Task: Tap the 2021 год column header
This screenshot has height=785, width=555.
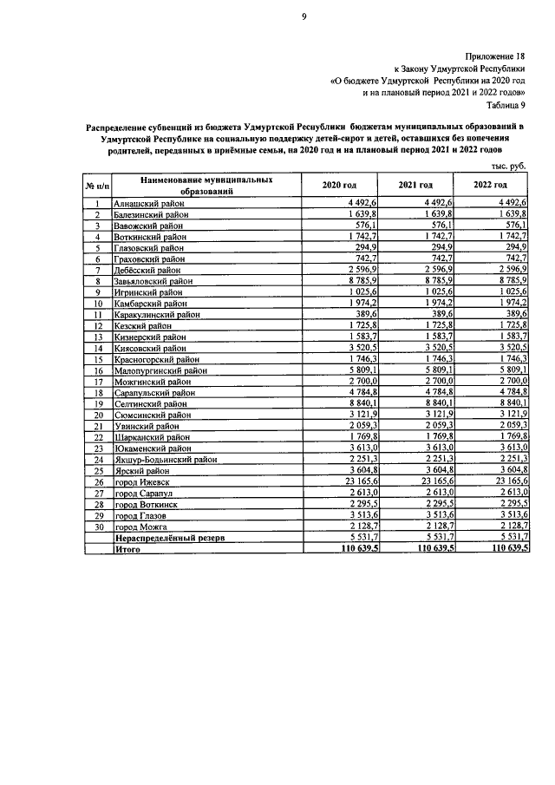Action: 415,185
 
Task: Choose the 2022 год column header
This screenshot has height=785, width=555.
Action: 490,185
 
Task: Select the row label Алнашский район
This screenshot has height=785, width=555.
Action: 147,202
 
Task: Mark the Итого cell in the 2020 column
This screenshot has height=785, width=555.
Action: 356,549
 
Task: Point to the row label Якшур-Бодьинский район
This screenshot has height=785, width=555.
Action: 166,460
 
